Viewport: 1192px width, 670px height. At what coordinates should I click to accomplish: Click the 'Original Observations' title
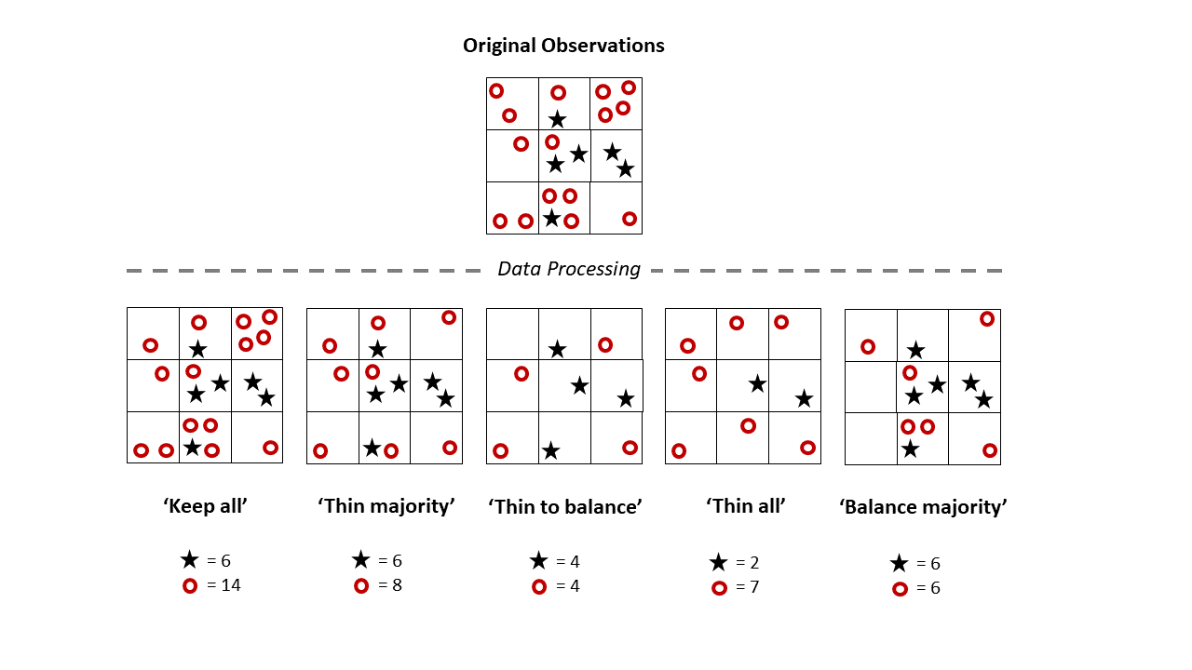pos(563,46)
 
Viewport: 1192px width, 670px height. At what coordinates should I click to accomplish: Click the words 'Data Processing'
pos(569,269)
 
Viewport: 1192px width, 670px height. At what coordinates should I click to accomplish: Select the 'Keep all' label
pos(205,506)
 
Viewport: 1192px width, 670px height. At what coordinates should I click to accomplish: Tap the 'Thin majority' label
pos(386,506)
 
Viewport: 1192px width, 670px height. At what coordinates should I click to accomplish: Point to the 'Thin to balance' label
pos(565,507)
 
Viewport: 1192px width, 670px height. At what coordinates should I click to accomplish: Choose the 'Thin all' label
pos(746,506)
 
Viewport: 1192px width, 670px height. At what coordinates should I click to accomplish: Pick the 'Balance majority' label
pos(923,507)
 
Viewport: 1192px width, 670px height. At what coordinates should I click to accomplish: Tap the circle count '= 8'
pos(390,585)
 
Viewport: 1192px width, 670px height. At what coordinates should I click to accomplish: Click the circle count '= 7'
pos(748,587)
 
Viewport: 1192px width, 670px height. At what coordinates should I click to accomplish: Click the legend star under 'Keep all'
pos(190,560)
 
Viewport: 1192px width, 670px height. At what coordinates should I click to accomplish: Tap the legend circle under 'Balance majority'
pos(900,588)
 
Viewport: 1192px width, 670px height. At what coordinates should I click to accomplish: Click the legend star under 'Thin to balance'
pos(538,561)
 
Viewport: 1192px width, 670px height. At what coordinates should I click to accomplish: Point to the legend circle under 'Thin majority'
pos(361,585)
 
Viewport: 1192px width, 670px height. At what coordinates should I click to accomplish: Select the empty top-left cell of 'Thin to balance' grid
pos(512,334)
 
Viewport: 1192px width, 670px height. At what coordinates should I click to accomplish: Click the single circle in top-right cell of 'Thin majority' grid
pos(449,317)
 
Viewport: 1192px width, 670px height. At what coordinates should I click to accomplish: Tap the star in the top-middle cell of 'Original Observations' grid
pos(557,119)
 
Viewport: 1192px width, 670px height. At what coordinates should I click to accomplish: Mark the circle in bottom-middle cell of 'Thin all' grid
pos(748,426)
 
